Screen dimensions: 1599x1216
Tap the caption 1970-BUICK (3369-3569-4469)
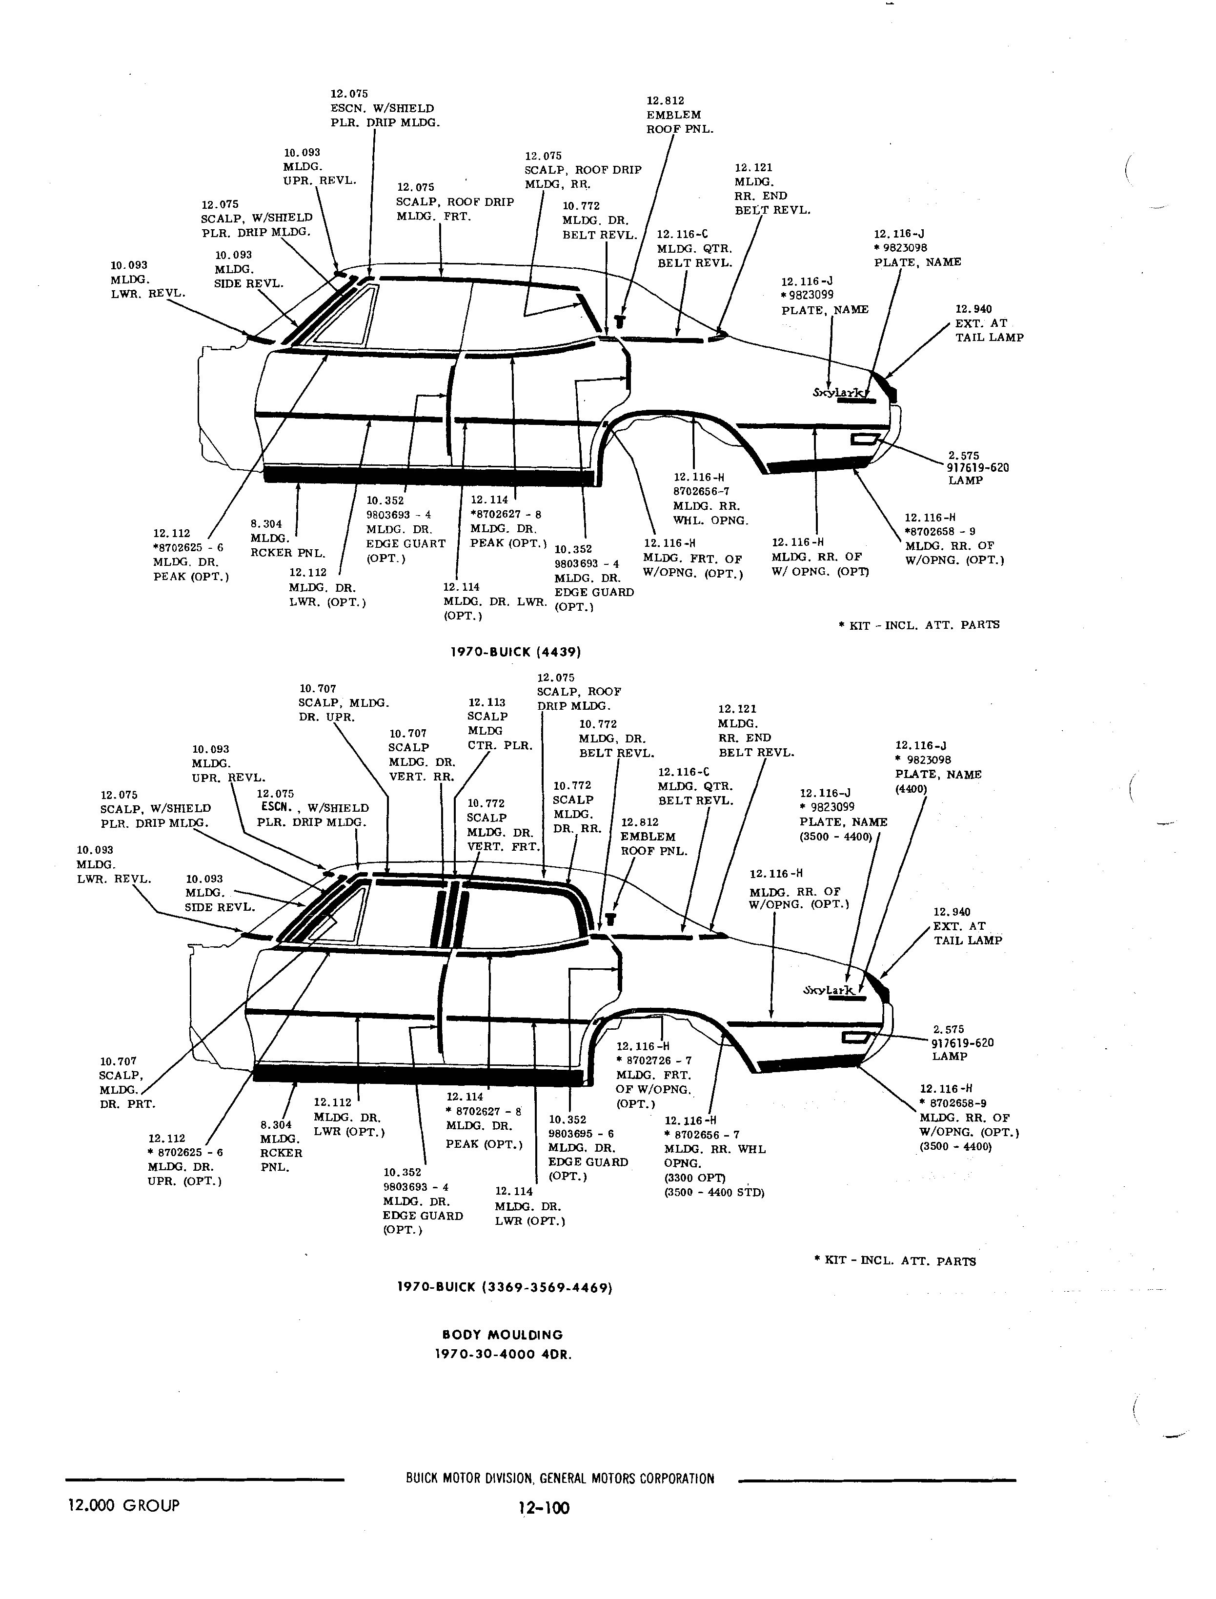coord(505,1287)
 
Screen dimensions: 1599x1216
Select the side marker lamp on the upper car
coord(865,439)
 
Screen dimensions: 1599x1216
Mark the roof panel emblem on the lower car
coord(610,919)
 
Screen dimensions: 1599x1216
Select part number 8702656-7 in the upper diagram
coord(701,491)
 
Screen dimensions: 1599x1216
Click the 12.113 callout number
coord(486,702)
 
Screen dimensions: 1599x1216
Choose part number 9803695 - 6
coord(581,1134)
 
